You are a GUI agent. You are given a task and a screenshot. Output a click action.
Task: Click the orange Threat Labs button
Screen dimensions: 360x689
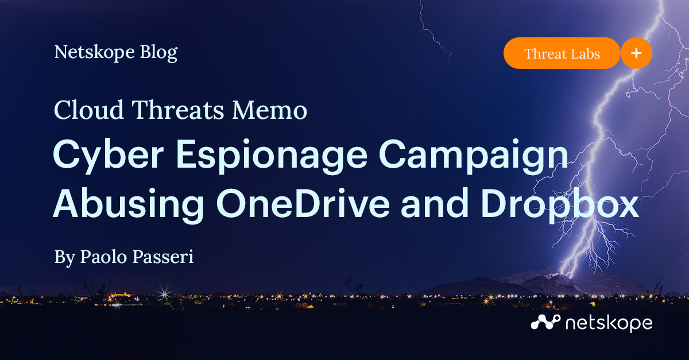pos(562,54)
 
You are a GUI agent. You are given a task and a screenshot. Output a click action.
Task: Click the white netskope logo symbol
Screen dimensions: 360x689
pos(545,323)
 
